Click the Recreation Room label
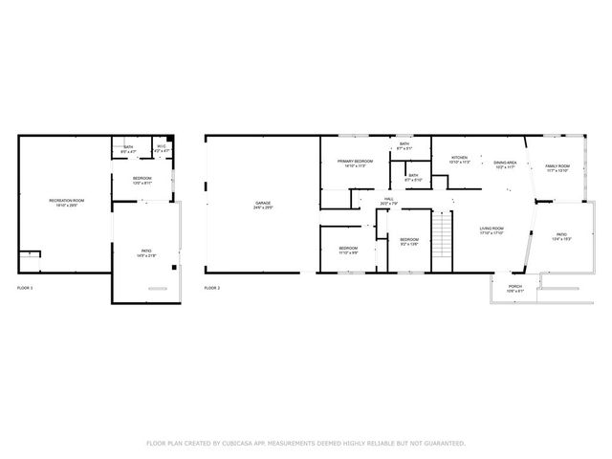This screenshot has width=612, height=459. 67,200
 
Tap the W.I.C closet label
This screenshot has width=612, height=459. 162,147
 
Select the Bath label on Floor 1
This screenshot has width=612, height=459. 128,147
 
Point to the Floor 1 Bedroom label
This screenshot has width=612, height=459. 142,178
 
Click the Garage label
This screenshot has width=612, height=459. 262,203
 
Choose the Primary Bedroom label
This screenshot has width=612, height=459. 355,162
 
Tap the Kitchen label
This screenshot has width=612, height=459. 460,158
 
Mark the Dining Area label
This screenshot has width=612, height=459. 505,163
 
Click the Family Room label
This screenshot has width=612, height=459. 557,166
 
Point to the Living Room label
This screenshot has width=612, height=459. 492,229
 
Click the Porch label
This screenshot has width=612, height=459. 515,286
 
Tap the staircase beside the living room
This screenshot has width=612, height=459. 442,230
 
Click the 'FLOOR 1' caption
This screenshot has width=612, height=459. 25,287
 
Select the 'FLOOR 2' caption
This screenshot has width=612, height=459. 212,287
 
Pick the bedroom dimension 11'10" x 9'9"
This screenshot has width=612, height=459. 347,252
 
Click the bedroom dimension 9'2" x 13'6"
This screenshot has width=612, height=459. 409,244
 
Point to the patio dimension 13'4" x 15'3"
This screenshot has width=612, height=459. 561,238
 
